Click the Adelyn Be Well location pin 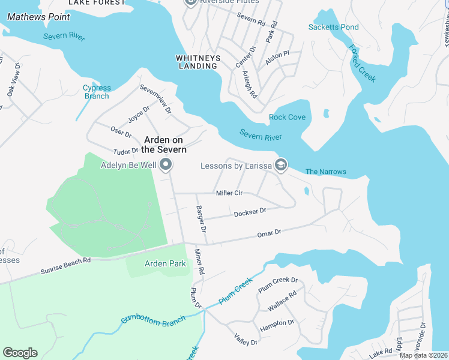pyautogui.click(x=166, y=164)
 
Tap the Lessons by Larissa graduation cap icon pyautogui.click(x=280, y=164)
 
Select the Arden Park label pyautogui.click(x=166, y=263)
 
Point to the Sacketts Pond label pyautogui.click(x=333, y=27)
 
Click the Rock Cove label pyautogui.click(x=287, y=117)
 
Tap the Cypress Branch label pyautogui.click(x=96, y=92)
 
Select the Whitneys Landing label pyautogui.click(x=197, y=62)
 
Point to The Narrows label pyautogui.click(x=325, y=172)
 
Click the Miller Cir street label pyautogui.click(x=229, y=193)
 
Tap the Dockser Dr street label pyautogui.click(x=250, y=212)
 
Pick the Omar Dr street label pyautogui.click(x=269, y=233)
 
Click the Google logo pyautogui.click(x=20, y=353)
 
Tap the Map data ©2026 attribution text pyautogui.click(x=423, y=355)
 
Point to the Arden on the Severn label pyautogui.click(x=165, y=145)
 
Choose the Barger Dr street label pyautogui.click(x=201, y=219)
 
